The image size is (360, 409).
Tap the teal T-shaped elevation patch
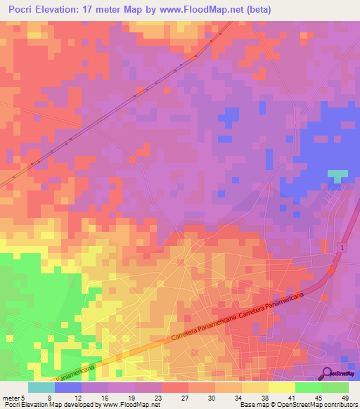point(337,175)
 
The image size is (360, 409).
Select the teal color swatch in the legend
point(41,387)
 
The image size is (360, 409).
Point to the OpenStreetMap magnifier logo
point(328,374)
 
